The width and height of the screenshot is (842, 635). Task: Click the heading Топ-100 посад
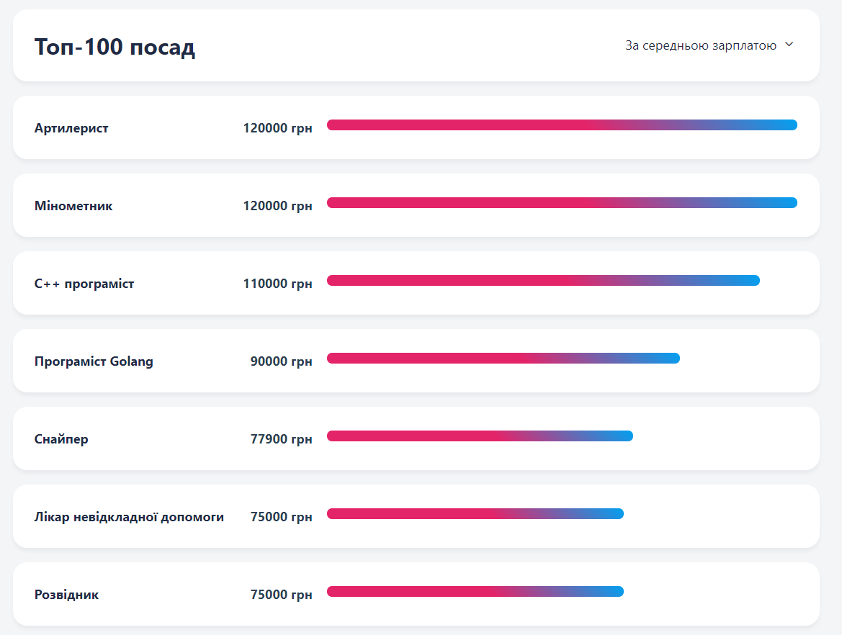pyautogui.click(x=115, y=48)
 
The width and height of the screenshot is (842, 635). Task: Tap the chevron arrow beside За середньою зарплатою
pyautogui.click(x=789, y=45)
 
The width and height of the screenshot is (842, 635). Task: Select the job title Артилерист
pyautogui.click(x=71, y=128)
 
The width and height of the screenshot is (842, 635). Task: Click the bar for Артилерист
pyautogui.click(x=562, y=125)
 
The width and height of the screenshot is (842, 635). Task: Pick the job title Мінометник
pyautogui.click(x=73, y=206)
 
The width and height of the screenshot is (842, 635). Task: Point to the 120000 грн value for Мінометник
pyautogui.click(x=277, y=206)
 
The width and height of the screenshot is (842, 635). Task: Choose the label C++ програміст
pyautogui.click(x=84, y=284)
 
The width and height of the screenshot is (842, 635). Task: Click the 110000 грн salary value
pyautogui.click(x=277, y=284)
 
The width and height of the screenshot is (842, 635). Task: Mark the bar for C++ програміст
pyautogui.click(x=543, y=281)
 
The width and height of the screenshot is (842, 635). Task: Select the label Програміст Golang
pyautogui.click(x=94, y=361)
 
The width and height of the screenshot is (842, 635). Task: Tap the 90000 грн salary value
pyautogui.click(x=281, y=361)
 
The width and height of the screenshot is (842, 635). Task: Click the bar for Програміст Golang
pyautogui.click(x=503, y=359)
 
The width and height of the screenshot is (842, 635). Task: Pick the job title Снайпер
pyautogui.click(x=61, y=439)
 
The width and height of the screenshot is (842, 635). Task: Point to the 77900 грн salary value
pyautogui.click(x=281, y=439)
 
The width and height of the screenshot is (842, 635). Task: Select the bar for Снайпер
pyautogui.click(x=480, y=436)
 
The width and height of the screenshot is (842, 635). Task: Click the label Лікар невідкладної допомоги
pyautogui.click(x=129, y=517)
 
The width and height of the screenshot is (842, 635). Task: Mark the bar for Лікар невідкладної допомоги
pyautogui.click(x=475, y=514)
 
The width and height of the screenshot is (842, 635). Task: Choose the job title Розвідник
pyautogui.click(x=66, y=595)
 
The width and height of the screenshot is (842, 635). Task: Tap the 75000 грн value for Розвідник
pyautogui.click(x=281, y=595)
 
